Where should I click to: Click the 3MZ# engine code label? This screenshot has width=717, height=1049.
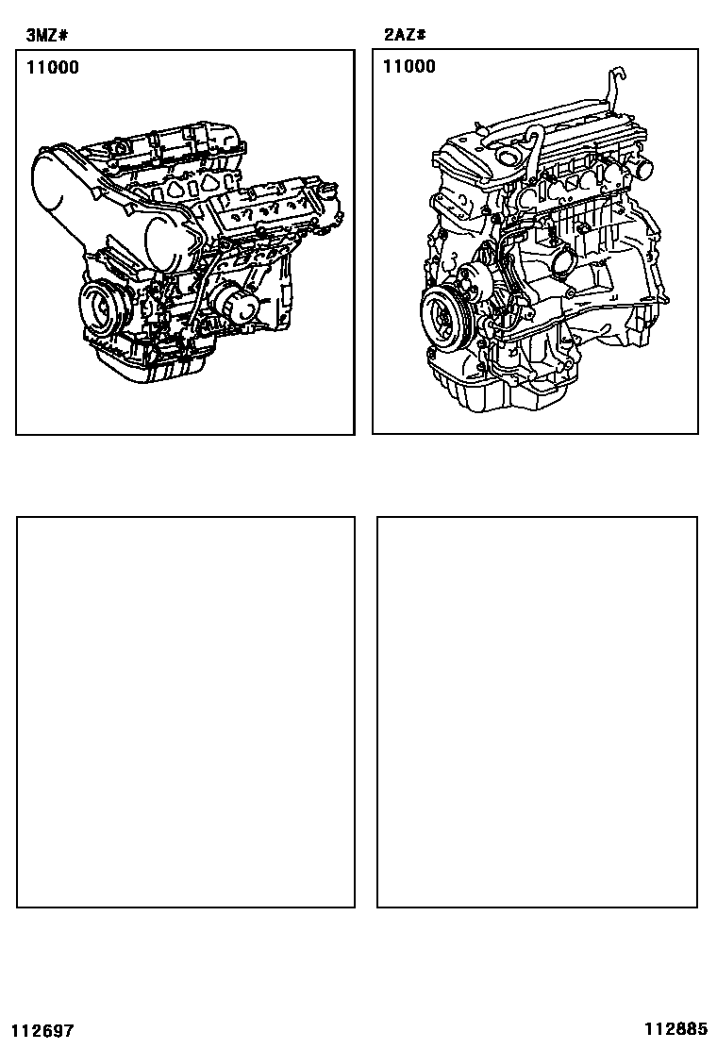pyautogui.click(x=47, y=36)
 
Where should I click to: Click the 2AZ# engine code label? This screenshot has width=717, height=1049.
pyautogui.click(x=405, y=34)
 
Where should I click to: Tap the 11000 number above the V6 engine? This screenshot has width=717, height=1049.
pyautogui.click(x=53, y=67)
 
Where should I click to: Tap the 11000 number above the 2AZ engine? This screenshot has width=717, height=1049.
pyautogui.click(x=409, y=66)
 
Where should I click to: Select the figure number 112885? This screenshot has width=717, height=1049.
pyautogui.click(x=676, y=1028)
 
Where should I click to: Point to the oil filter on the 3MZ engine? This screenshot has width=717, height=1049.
pyautogui.click(x=236, y=305)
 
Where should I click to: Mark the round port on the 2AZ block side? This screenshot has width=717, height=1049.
pyautogui.click(x=558, y=257)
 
